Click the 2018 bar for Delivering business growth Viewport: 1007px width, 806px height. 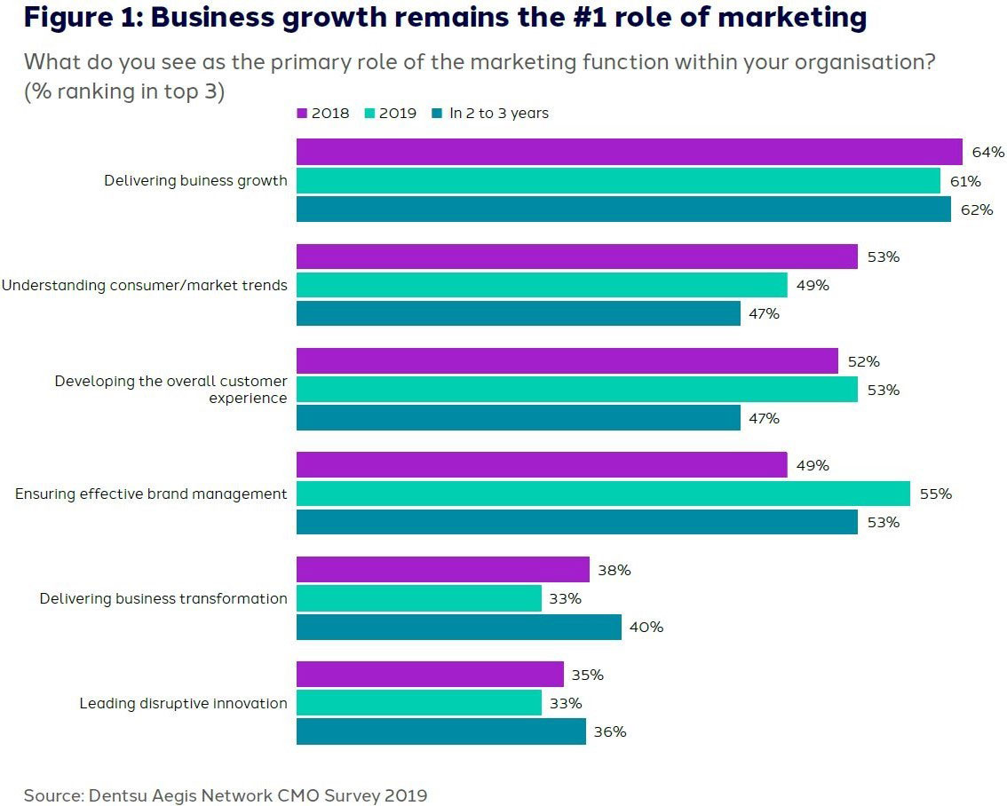pyautogui.click(x=629, y=152)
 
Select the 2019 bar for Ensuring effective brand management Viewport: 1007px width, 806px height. pyautogui.click(x=603, y=494)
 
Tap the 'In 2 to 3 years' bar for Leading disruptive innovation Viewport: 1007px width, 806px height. pyautogui.click(x=440, y=731)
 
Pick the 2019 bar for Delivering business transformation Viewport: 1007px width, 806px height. pyautogui.click(x=418, y=598)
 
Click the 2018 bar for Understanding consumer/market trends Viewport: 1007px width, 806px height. pyautogui.click(x=576, y=257)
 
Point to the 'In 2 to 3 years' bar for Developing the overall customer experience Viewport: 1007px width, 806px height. pyautogui.click(x=518, y=417)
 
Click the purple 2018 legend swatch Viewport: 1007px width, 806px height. pyautogui.click(x=302, y=114)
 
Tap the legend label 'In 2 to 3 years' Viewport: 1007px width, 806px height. pyautogui.click(x=498, y=114)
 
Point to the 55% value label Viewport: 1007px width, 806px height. pyautogui.click(x=935, y=494)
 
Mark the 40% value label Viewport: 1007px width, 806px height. pyautogui.click(x=646, y=627)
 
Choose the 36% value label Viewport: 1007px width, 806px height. pyautogui.click(x=610, y=731)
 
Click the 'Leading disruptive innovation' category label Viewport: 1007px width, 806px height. pyautogui.click(x=183, y=703)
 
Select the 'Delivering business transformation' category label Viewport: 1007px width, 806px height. pyautogui.click(x=163, y=598)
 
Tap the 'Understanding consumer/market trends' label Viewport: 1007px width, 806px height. pyautogui.click(x=144, y=285)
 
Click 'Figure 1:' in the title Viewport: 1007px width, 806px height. pyautogui.click(x=81, y=18)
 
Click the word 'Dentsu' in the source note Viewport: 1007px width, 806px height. pyautogui.click(x=118, y=794)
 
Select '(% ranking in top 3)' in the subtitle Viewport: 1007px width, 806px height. pyautogui.click(x=123, y=91)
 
